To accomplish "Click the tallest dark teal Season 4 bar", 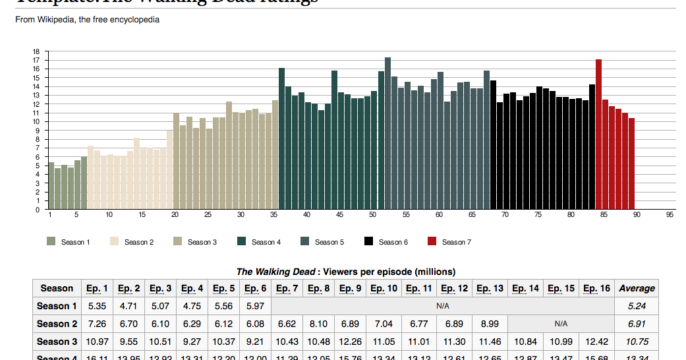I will tap(281, 138).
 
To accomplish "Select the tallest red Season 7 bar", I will tap(598, 135).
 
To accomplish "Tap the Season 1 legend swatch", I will tap(51, 242).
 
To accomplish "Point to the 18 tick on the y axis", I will tap(36, 51).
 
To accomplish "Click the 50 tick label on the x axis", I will tap(372, 215).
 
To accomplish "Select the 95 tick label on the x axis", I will tap(670, 215).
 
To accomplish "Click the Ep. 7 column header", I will tap(287, 288).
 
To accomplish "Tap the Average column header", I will tap(637, 288).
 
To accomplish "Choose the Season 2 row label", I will tap(57, 324).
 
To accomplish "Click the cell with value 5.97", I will tap(255, 306).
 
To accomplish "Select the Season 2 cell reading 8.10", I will tap(319, 324).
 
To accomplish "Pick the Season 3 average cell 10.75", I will tap(637, 342).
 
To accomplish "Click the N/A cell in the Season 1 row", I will tap(442, 306).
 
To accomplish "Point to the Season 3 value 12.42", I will tap(596, 342).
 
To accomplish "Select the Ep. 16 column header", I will tap(596, 288).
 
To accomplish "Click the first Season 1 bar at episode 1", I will tap(51, 185).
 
